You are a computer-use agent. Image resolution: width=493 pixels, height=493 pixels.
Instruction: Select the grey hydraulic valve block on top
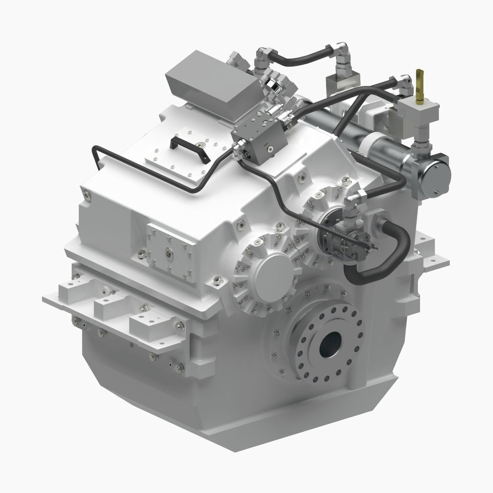[x=260, y=140]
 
